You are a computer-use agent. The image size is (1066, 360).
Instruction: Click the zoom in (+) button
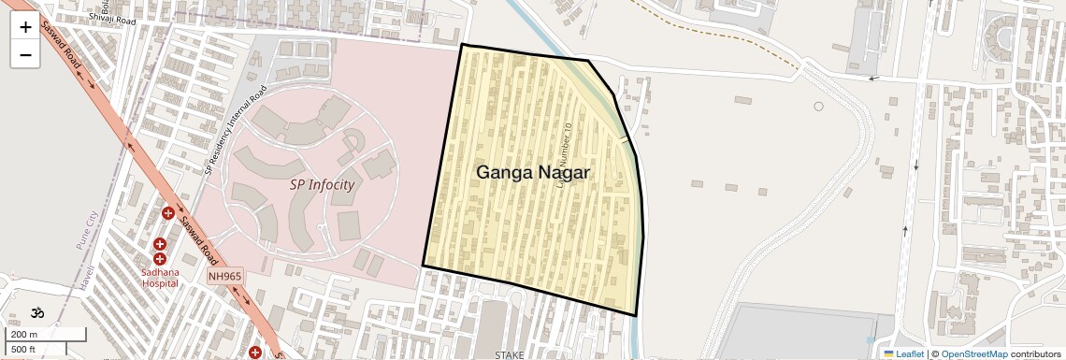pyautogui.click(x=25, y=27)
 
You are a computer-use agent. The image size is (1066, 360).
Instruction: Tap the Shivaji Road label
pyautogui.click(x=112, y=17)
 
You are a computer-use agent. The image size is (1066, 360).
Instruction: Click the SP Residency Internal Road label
pyautogui.click(x=236, y=131)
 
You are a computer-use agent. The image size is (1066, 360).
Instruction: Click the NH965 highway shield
pyautogui.click(x=225, y=277)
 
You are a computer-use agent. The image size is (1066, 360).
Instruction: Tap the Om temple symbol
pyautogui.click(x=37, y=313)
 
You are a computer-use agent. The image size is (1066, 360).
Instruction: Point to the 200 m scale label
pyautogui.click(x=25, y=335)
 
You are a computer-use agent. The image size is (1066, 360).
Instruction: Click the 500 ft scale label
pyautogui.click(x=23, y=349)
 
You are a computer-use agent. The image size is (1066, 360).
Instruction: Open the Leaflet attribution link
pyautogui.click(x=909, y=353)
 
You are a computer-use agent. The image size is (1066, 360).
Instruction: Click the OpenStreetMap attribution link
pyautogui.click(x=973, y=353)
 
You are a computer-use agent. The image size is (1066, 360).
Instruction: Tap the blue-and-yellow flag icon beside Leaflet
pyautogui.click(x=888, y=353)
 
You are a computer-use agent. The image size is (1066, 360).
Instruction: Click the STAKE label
pyautogui.click(x=510, y=354)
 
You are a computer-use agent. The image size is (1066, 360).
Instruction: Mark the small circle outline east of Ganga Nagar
pyautogui.click(x=818, y=107)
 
